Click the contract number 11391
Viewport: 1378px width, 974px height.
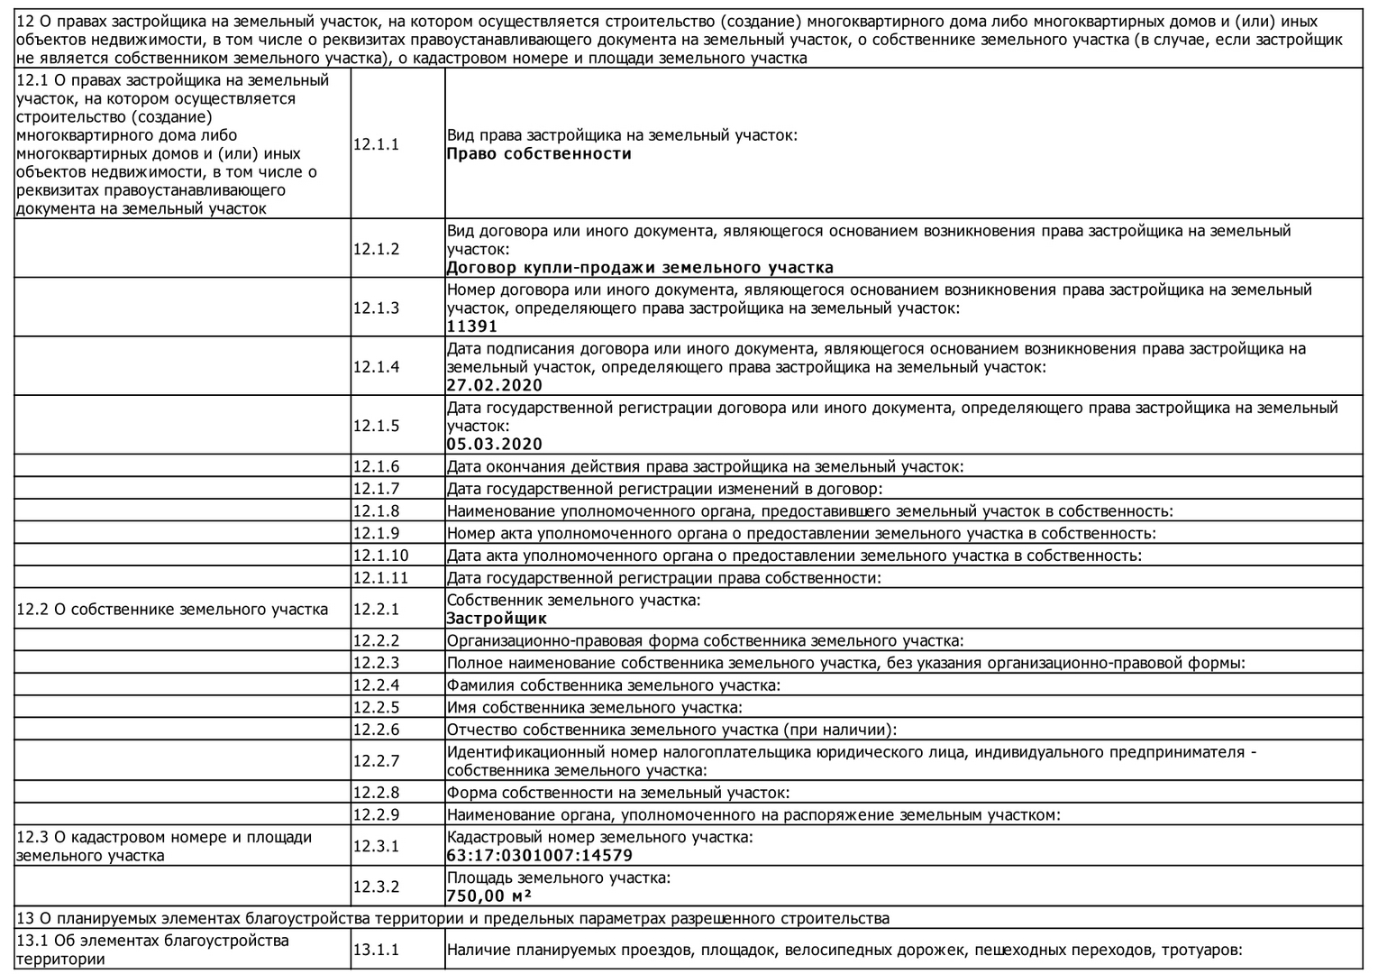472,326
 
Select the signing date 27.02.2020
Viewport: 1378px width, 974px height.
495,385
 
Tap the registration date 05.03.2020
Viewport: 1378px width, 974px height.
495,444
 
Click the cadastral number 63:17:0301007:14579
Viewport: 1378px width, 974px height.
540,855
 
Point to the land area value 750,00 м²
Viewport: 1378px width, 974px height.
488,896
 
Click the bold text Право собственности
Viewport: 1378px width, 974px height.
539,153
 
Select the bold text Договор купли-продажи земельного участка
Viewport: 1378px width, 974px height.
640,267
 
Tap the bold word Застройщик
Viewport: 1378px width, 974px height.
497,619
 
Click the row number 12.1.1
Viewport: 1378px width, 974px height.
376,144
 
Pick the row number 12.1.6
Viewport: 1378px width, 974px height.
376,466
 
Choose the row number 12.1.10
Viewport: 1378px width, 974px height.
380,556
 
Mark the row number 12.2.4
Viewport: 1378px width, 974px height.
376,685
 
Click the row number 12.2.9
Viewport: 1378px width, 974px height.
376,815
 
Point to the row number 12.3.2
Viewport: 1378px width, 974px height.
376,887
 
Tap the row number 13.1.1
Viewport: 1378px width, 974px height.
376,950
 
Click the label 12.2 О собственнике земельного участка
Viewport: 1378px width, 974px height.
172,609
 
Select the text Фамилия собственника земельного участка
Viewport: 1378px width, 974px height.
614,685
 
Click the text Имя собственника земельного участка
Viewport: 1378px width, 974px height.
595,708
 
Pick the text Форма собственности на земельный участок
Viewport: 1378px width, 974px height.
618,793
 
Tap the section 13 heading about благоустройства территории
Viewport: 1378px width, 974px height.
453,918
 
